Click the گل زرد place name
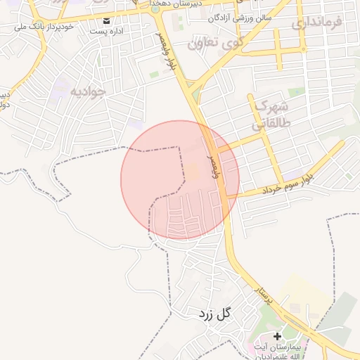click(214, 314)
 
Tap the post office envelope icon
click(107, 20)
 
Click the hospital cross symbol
click(277, 337)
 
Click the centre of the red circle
click(180, 180)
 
